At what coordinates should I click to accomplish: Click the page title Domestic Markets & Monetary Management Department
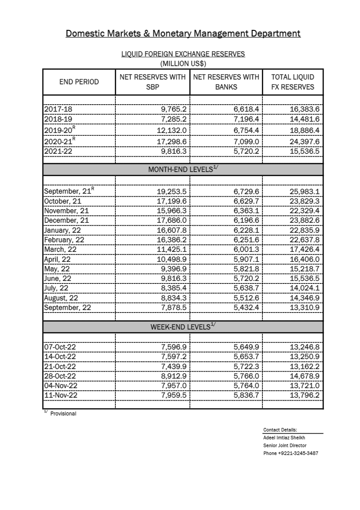tap(183, 33)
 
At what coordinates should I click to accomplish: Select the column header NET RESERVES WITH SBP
tap(152, 82)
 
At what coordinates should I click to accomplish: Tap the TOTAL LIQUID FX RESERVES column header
tap(293, 82)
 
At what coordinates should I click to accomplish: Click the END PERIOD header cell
tap(79, 82)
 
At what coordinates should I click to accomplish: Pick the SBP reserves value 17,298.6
tap(171, 141)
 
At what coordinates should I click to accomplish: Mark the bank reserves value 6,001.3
tap(246, 249)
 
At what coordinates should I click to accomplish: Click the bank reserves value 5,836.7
tap(246, 395)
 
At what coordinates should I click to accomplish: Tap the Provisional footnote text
tap(63, 414)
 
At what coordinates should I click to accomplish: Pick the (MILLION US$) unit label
tap(183, 64)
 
